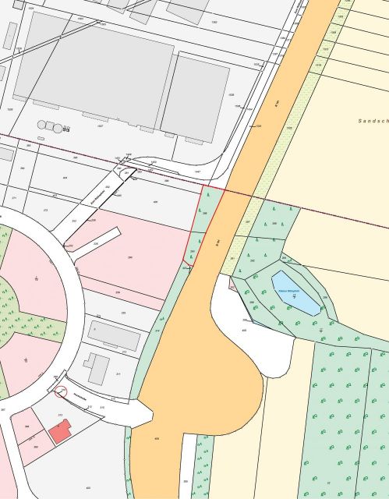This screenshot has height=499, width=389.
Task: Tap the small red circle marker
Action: click(62, 392)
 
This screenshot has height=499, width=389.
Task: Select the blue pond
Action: click(295, 293)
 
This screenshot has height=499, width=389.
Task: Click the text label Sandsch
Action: click(373, 122)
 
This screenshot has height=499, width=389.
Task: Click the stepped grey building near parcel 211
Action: click(98, 367)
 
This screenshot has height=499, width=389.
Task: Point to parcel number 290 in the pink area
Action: click(130, 257)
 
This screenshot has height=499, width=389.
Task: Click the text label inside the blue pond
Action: click(290, 292)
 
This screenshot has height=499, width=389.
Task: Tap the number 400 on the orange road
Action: click(157, 439)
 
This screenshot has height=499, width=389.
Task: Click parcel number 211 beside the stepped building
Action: click(118, 374)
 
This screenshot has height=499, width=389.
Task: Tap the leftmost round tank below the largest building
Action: click(41, 124)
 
